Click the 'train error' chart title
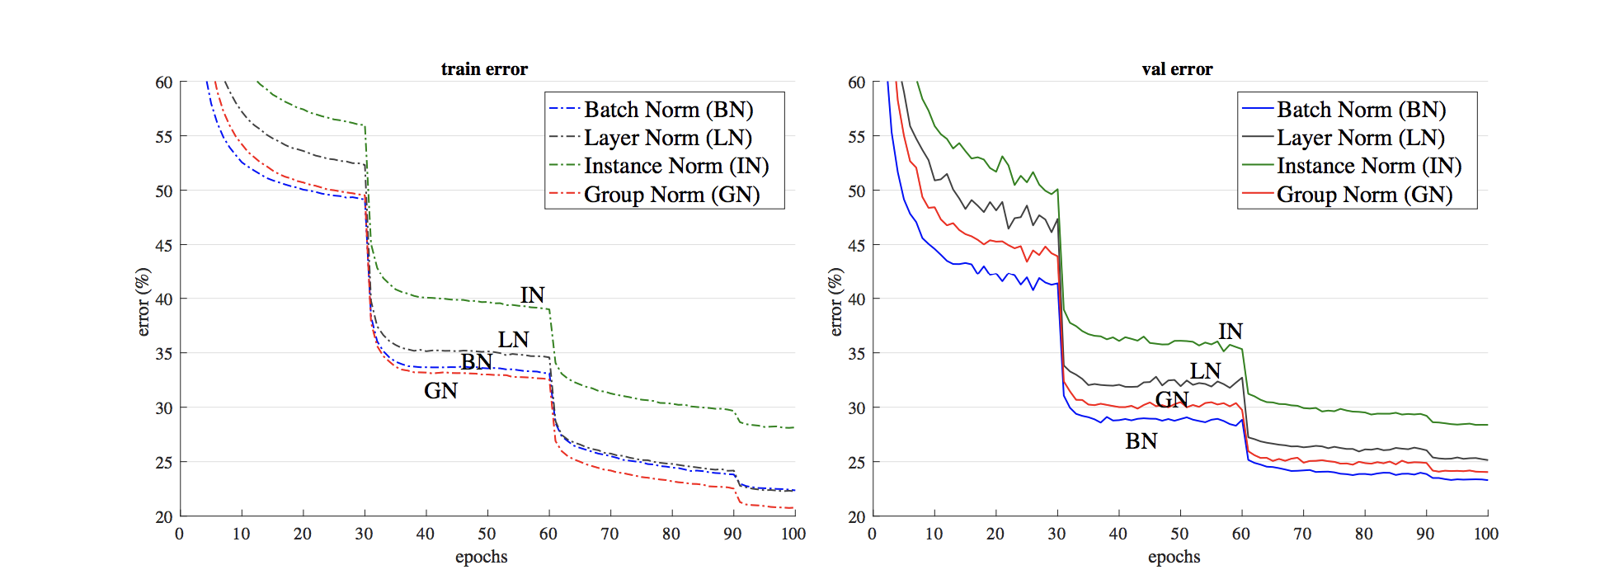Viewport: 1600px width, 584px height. click(x=484, y=69)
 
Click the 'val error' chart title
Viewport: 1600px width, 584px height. click(x=1177, y=69)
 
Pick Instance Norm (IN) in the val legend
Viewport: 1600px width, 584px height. click(x=1368, y=166)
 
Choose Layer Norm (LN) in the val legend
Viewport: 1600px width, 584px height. click(x=1360, y=138)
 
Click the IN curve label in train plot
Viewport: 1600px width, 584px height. click(x=532, y=295)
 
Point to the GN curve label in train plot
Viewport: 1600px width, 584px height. click(x=440, y=391)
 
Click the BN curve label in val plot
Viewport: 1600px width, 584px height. click(x=1141, y=441)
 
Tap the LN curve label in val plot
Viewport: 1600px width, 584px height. click(x=1205, y=371)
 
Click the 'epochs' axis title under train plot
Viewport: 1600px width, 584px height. click(x=481, y=557)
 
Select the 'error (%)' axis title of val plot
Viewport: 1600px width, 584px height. click(x=835, y=302)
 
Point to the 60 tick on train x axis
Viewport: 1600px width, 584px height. click(x=548, y=534)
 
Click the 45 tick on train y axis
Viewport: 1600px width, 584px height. click(x=163, y=245)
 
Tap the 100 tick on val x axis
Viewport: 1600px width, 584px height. click(x=1486, y=534)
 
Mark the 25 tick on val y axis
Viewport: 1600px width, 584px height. click(x=856, y=462)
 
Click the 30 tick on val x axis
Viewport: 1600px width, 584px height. click(x=1056, y=534)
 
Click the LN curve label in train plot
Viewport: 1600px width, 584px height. click(x=513, y=340)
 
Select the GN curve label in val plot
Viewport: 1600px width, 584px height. click(x=1171, y=400)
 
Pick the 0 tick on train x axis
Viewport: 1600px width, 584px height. click(x=179, y=534)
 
